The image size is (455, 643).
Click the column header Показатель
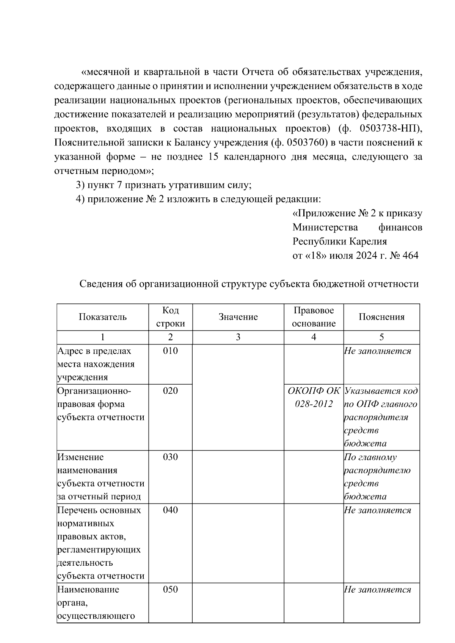(102, 317)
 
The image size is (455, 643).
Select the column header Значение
(238, 317)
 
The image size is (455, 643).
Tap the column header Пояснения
(381, 317)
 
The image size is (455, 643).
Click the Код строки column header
(170, 317)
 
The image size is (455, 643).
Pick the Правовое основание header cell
(314, 317)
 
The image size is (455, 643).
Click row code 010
(170, 351)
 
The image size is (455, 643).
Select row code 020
(170, 391)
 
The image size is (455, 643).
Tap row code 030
(170, 457)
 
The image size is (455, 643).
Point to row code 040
(170, 510)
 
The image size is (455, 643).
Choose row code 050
(170, 590)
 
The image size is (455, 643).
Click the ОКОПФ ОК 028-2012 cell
(314, 397)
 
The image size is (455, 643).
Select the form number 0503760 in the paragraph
(305, 143)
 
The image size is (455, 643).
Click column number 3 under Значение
(238, 337)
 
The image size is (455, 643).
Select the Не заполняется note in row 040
(377, 510)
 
